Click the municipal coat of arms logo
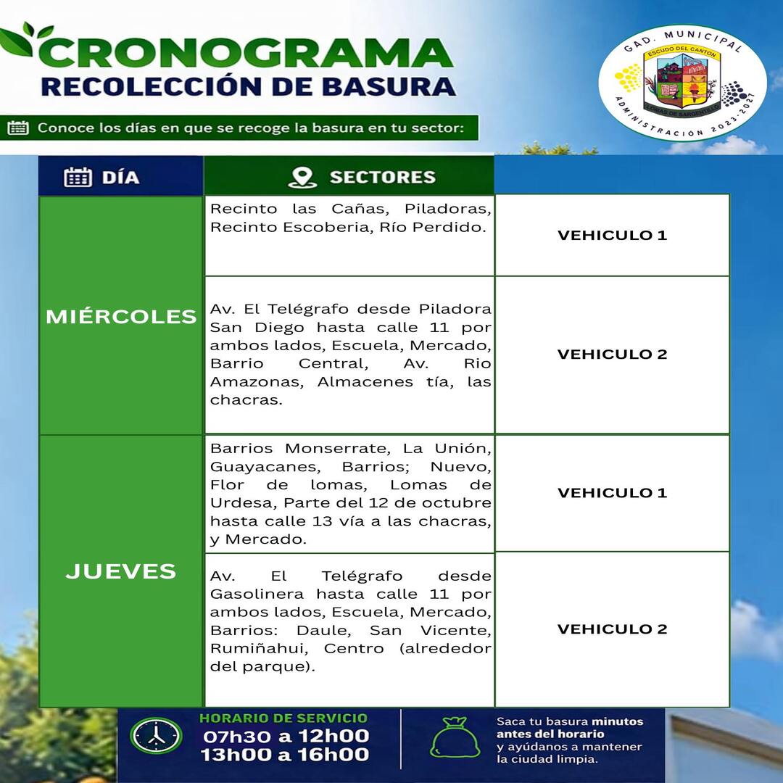(682, 83)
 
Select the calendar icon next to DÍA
(78, 177)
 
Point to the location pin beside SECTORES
(302, 178)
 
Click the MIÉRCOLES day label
(121, 317)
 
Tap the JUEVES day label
(121, 571)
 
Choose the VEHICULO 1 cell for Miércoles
(612, 235)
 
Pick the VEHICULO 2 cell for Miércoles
(612, 355)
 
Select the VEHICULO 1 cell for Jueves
(612, 493)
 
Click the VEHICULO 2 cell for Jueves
(612, 629)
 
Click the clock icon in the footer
(156, 736)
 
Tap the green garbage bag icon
(455, 738)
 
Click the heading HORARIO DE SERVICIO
(283, 718)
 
